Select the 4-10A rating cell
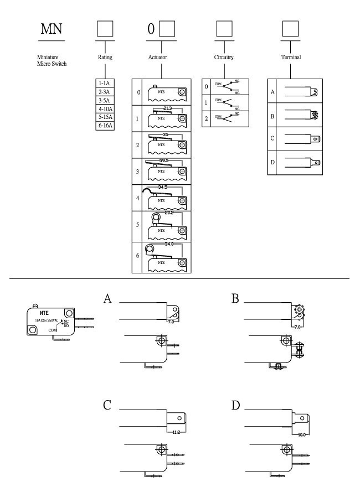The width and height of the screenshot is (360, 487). [104, 109]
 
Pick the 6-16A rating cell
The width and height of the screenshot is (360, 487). [104, 126]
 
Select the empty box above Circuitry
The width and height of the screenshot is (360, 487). [223, 28]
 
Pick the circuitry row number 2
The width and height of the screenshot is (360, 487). [206, 118]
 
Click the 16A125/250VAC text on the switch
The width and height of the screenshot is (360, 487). [47, 320]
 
